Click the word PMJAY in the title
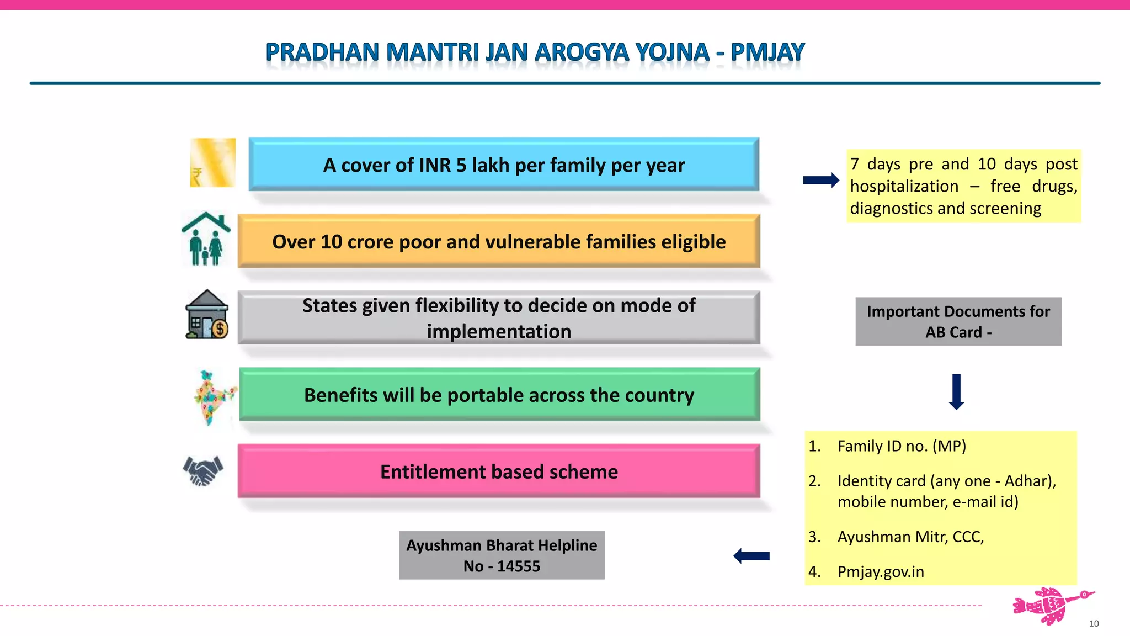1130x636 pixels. click(767, 52)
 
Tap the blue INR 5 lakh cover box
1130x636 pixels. click(504, 165)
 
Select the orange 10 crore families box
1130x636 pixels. click(499, 241)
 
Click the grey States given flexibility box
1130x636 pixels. click(499, 318)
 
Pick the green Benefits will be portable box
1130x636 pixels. click(499, 395)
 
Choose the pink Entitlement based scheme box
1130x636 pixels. click(499, 471)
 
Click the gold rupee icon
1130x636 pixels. click(213, 163)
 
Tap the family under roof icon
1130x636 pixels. click(206, 240)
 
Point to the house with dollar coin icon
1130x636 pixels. click(207, 315)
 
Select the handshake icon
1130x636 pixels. click(203, 470)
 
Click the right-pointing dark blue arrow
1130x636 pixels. click(821, 180)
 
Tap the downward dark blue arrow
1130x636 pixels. click(956, 391)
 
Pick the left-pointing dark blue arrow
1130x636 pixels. click(751, 556)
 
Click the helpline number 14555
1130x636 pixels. click(518, 566)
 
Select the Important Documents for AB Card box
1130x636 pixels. click(958, 321)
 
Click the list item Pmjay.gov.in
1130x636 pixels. click(881, 571)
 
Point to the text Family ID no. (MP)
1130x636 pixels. click(902, 446)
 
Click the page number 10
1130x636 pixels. click(1094, 623)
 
